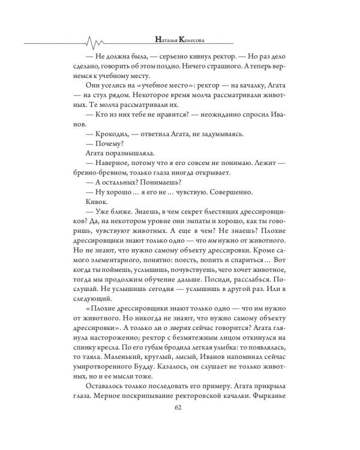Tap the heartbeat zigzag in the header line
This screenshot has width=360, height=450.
(97, 42)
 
